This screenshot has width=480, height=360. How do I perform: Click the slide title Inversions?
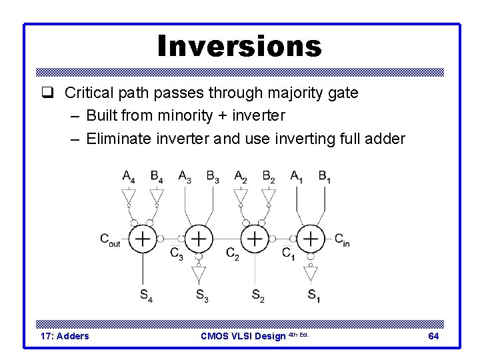tap(239, 46)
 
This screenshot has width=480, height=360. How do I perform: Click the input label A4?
tap(129, 177)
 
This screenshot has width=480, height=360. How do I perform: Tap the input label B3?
tap(213, 177)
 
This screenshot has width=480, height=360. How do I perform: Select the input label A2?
tap(241, 177)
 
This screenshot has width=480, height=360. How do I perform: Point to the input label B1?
tap(325, 177)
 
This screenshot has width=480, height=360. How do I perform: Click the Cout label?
tap(110, 239)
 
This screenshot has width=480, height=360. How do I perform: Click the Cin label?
tap(341, 239)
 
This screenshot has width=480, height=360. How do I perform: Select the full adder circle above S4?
tap(143, 238)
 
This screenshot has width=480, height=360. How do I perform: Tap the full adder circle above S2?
tap(255, 238)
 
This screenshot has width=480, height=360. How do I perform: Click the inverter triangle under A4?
tap(129, 196)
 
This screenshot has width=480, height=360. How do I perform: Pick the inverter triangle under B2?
tap(269, 196)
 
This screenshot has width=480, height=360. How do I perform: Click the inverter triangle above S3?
tap(199, 273)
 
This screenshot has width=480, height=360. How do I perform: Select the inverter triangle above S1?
tap(311, 273)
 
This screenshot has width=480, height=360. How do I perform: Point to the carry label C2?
tap(233, 253)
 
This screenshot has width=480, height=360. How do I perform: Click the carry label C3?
tap(177, 253)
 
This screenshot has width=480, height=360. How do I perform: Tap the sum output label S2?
tap(257, 295)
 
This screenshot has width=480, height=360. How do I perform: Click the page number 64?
tap(433, 336)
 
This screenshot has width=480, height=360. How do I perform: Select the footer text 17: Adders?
tap(65, 336)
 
